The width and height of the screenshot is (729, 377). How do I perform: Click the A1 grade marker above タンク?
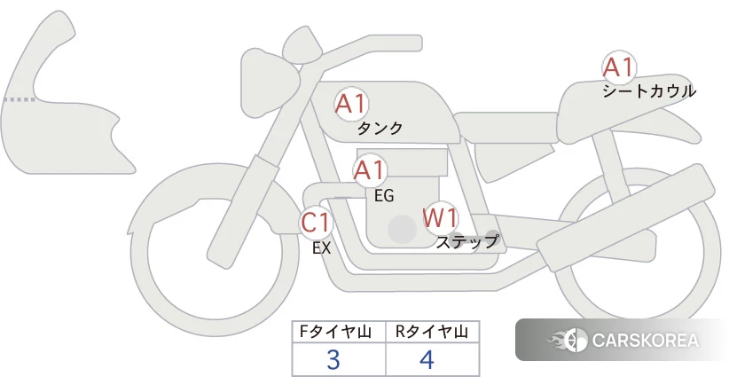(350, 104)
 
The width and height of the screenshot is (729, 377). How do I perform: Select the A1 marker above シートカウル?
(618, 67)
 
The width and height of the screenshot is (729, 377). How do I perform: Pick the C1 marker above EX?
(316, 222)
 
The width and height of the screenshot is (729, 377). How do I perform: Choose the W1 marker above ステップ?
(439, 217)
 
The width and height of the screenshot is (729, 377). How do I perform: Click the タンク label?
(380, 128)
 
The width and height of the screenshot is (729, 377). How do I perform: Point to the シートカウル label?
(648, 90)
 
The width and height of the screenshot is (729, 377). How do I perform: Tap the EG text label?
(383, 194)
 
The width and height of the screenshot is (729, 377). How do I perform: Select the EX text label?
(321, 248)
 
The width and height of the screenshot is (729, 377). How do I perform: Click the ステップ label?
(467, 241)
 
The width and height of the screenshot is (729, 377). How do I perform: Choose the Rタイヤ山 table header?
(431, 332)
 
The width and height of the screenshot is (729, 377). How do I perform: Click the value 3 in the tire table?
(333, 360)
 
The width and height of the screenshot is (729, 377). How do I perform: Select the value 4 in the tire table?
(427, 360)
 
